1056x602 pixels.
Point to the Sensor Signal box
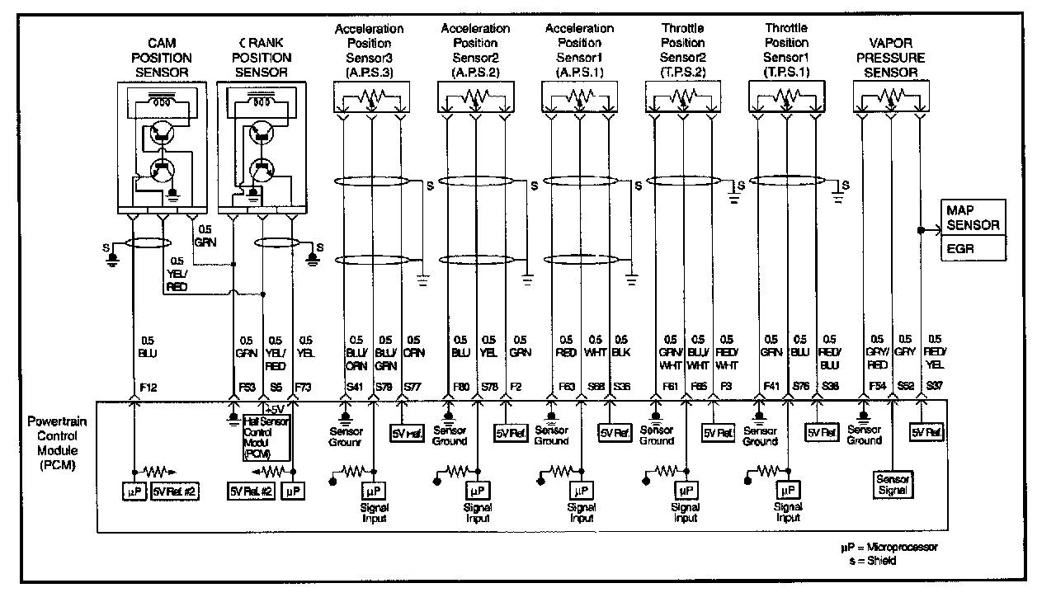(893, 483)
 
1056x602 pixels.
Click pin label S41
(355, 385)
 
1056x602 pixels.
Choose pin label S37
(934, 385)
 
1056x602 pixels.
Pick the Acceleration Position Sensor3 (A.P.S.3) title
(369, 50)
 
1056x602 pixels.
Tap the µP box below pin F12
(133, 491)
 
